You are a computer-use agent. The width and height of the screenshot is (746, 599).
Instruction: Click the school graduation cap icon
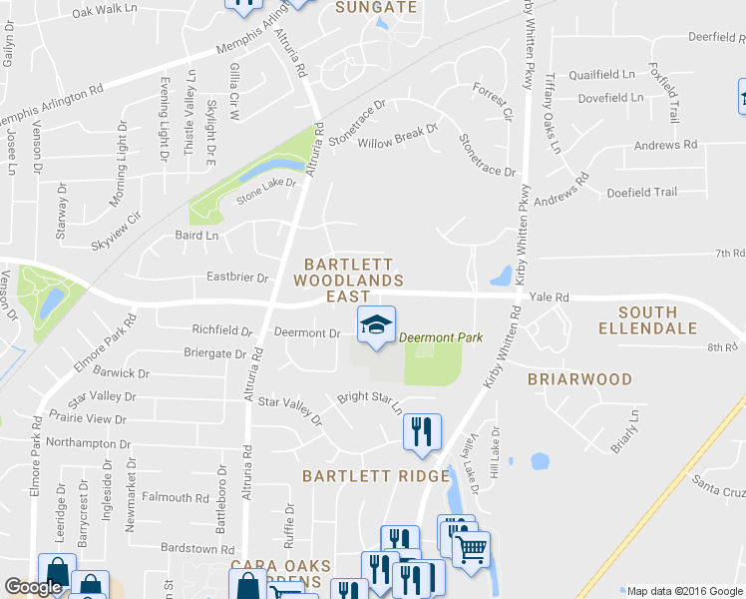tap(376, 324)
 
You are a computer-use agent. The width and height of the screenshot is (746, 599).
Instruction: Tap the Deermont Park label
tap(441, 337)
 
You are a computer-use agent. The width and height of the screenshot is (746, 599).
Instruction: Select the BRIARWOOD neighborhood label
tap(579, 379)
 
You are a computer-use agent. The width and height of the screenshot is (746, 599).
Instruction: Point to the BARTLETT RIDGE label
tap(369, 476)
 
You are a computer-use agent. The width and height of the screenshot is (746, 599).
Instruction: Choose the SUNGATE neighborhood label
tap(375, 8)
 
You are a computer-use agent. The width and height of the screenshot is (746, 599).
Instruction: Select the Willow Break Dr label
tap(398, 135)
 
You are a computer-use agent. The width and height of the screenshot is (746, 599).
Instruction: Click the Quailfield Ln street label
tap(601, 75)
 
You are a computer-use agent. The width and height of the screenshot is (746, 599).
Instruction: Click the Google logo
tap(33, 588)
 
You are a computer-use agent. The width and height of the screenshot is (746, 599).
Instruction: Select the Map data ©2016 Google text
tap(683, 590)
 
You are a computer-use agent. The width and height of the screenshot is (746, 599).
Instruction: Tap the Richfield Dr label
tap(221, 329)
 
